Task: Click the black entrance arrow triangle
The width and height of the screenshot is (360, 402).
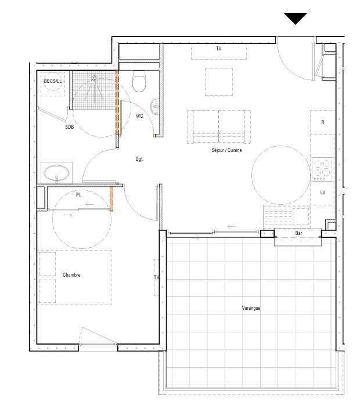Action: tap(296, 18)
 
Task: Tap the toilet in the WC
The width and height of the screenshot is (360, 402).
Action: tap(139, 81)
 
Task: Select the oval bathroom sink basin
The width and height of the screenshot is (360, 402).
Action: tap(56, 173)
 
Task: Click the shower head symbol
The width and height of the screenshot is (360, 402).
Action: tap(94, 78)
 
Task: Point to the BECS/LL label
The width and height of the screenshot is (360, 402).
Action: tap(53, 81)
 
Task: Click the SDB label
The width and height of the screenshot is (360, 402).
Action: tap(69, 126)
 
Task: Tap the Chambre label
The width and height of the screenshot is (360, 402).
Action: tap(71, 275)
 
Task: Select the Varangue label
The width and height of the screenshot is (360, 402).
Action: tap(251, 308)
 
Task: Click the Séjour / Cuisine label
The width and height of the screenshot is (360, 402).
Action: tap(226, 150)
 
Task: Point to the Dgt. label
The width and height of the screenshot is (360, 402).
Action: tap(139, 159)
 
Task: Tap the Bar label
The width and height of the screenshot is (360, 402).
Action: tap(298, 233)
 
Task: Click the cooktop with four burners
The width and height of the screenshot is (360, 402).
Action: tap(322, 169)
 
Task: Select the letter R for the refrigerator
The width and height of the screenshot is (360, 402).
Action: tap(323, 122)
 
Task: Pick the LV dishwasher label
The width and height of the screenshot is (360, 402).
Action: tap(322, 192)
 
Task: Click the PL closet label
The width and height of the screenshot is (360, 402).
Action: tap(78, 195)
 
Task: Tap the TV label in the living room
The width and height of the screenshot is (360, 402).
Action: tap(219, 49)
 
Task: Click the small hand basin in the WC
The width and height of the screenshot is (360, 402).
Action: tap(155, 106)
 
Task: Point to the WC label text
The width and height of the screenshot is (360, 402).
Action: tap(139, 116)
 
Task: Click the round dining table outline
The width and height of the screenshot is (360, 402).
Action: tap(281, 146)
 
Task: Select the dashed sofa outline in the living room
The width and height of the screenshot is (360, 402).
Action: tap(219, 111)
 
